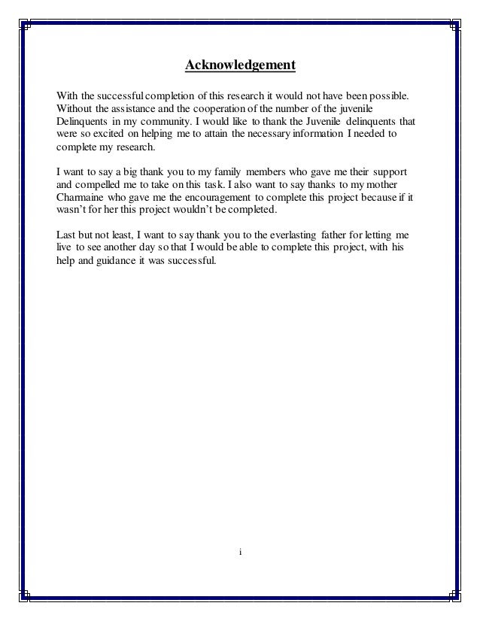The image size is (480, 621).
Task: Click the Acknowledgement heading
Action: click(240, 66)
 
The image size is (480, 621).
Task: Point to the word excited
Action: click(108, 135)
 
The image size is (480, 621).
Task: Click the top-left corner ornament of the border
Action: click(24, 25)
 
